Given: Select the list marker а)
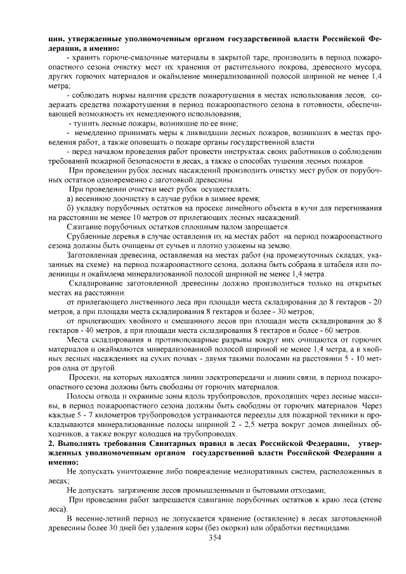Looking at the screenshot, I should tap(71, 199).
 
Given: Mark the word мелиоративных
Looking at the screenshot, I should tap(278, 471).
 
